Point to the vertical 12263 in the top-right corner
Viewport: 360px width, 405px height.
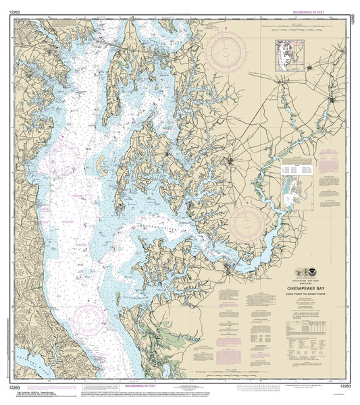(x=353, y=14)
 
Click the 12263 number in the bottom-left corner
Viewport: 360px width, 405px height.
(x=9, y=385)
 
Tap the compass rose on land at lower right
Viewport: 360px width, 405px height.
(x=246, y=223)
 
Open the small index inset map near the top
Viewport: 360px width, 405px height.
(x=289, y=56)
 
